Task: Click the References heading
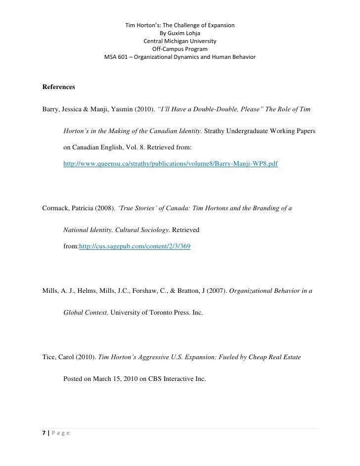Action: pyautogui.click(x=59, y=87)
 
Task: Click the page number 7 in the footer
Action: pyautogui.click(x=45, y=433)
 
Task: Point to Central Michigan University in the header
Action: pyautogui.click(x=180, y=41)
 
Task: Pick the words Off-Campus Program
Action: pyautogui.click(x=180, y=49)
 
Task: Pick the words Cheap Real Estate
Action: pyautogui.click(x=272, y=355)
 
